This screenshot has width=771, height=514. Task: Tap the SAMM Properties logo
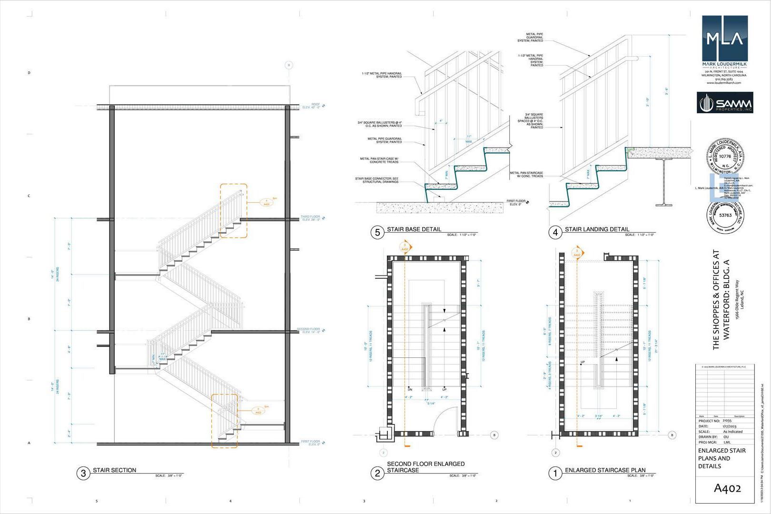click(x=725, y=103)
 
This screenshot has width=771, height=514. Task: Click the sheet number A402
click(x=727, y=488)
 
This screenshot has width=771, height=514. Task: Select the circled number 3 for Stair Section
click(x=83, y=473)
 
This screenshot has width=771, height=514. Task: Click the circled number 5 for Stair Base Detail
click(x=377, y=232)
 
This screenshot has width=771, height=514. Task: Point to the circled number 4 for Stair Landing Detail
click(x=555, y=232)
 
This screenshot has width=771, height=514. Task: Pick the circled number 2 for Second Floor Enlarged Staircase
click(x=377, y=473)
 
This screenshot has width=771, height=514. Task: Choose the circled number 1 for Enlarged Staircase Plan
click(x=555, y=473)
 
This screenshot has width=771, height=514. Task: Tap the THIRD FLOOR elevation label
click(x=311, y=218)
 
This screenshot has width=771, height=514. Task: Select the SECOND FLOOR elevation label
click(x=309, y=330)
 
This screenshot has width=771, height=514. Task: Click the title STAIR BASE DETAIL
click(x=414, y=229)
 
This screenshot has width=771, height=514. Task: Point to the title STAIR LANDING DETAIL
click(x=597, y=229)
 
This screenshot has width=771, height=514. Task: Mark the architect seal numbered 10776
click(x=725, y=156)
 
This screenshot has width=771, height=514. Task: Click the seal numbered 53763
click(x=725, y=216)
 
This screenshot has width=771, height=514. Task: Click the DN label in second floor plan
click(x=410, y=389)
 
